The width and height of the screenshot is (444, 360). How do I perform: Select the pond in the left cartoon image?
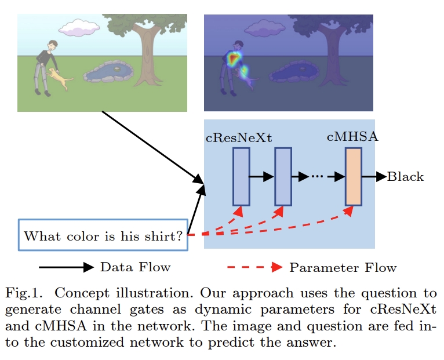pyautogui.click(x=108, y=72)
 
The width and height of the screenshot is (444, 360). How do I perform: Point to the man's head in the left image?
pyautogui.click(x=53, y=46)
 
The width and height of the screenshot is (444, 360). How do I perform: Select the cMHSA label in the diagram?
pyautogui.click(x=352, y=137)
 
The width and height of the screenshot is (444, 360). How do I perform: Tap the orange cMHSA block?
pyautogui.click(x=353, y=176)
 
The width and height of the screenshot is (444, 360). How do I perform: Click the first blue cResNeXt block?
pyautogui.click(x=241, y=176)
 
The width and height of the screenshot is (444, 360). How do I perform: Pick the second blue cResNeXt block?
pyautogui.click(x=282, y=176)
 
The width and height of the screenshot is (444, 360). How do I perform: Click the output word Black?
pyautogui.click(x=405, y=177)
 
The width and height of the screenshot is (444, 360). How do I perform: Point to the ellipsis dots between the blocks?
pyautogui.click(x=316, y=177)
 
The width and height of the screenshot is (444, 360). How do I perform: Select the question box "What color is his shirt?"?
pyautogui.click(x=103, y=235)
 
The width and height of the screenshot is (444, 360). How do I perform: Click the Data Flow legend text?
pyautogui.click(x=135, y=267)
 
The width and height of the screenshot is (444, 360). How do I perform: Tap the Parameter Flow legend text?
pyautogui.click(x=343, y=267)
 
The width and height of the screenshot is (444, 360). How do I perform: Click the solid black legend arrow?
pyautogui.click(x=65, y=267)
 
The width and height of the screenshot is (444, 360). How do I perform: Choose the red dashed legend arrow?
pyautogui.click(x=254, y=267)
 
